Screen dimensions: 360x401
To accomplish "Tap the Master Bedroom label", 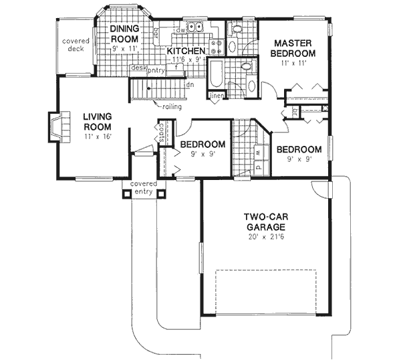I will pos(294,48).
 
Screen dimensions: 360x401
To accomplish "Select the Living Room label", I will pos(97,121).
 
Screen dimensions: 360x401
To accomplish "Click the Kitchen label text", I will pos(185,52).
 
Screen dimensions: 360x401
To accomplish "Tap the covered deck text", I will pos(76,45).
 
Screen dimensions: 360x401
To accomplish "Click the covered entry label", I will pos(144,187).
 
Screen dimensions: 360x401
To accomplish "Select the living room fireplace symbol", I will pos(55,128).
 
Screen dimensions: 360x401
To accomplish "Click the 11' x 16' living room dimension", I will pos(97,137).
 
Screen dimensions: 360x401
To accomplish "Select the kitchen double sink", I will pos(195,28).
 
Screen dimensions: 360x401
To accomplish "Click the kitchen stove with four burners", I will pos(217,46).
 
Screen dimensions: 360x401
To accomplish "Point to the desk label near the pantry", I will pos(138,68).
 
